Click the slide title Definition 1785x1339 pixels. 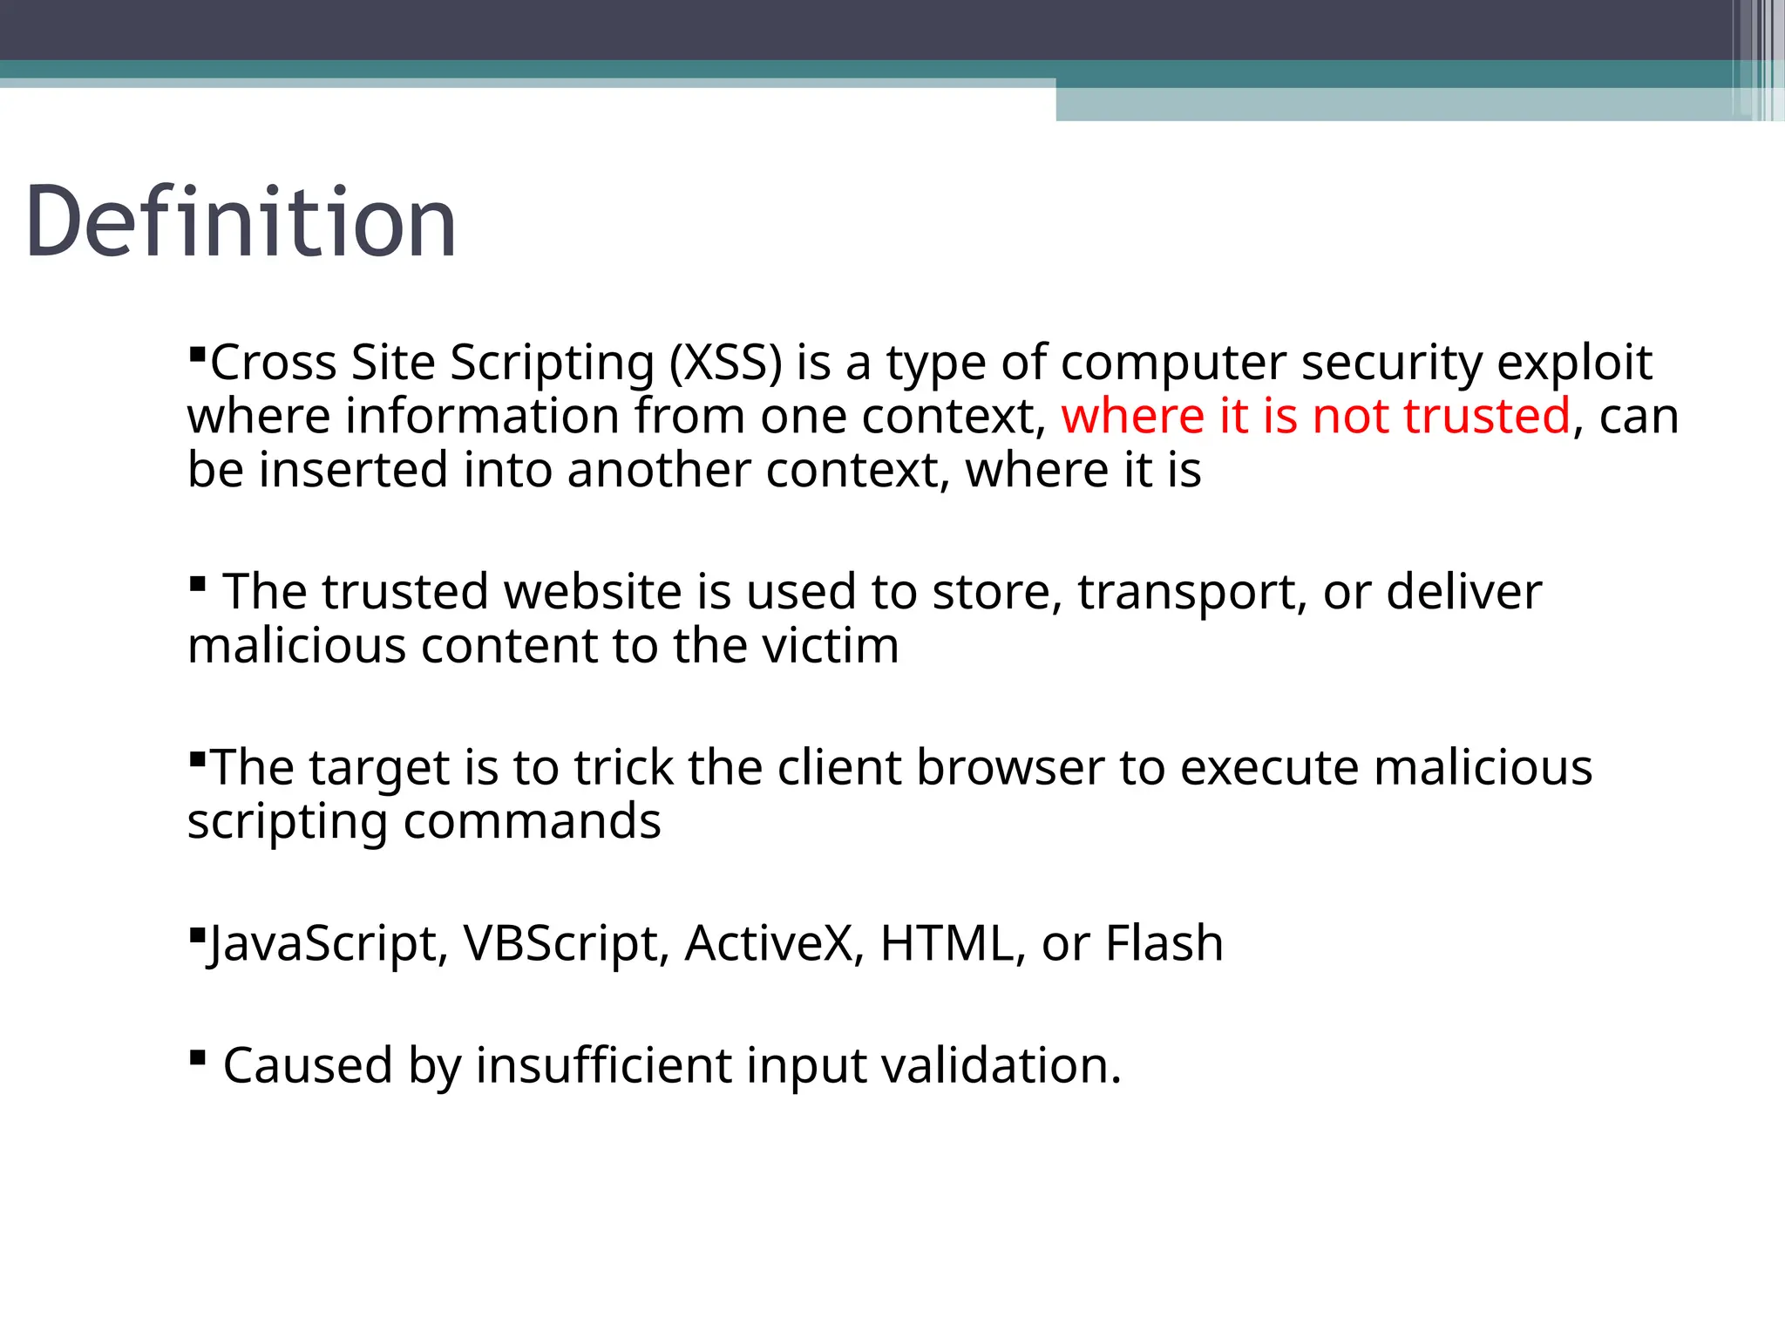click(241, 222)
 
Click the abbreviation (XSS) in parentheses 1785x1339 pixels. click(725, 363)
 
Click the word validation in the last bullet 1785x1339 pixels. click(1001, 1065)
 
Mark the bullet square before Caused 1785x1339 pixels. click(197, 1058)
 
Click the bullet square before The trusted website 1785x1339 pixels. click(197, 583)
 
